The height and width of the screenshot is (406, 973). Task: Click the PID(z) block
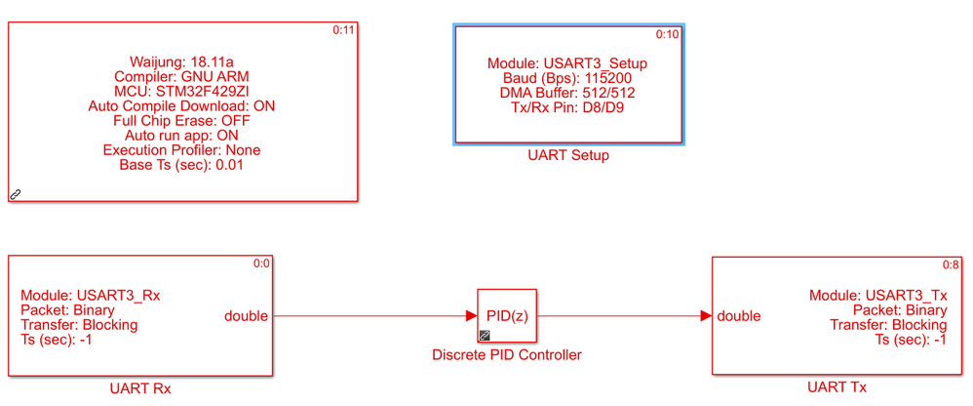507,315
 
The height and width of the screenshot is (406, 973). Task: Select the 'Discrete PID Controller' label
507,355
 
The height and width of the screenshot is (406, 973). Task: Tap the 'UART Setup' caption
567,156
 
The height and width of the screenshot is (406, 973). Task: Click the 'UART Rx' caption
140,388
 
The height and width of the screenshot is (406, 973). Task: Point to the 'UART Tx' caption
837,387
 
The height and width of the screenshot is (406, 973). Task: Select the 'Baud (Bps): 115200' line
567,78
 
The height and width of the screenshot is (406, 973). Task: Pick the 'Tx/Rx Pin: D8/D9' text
567,107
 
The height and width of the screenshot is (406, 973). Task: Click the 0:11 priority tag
344,30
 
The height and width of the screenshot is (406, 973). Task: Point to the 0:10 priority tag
667,34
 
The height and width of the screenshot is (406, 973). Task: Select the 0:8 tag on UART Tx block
951,264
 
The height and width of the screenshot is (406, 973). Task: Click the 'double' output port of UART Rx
247,315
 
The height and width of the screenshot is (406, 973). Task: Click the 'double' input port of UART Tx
739,315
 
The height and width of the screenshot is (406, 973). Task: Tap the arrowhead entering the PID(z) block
470,315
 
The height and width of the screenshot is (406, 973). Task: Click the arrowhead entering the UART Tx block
705,315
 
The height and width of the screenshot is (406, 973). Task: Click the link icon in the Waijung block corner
16,194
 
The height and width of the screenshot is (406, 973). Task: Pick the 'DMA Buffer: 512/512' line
567,93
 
